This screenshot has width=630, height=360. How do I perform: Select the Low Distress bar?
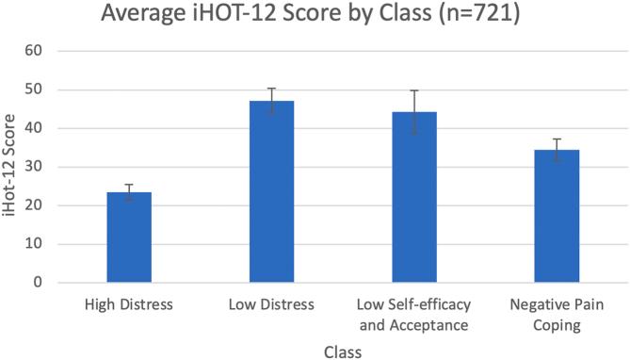tap(271, 192)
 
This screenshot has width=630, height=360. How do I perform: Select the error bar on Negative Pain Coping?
tap(557, 150)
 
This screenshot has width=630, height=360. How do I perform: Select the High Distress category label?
tap(128, 305)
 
